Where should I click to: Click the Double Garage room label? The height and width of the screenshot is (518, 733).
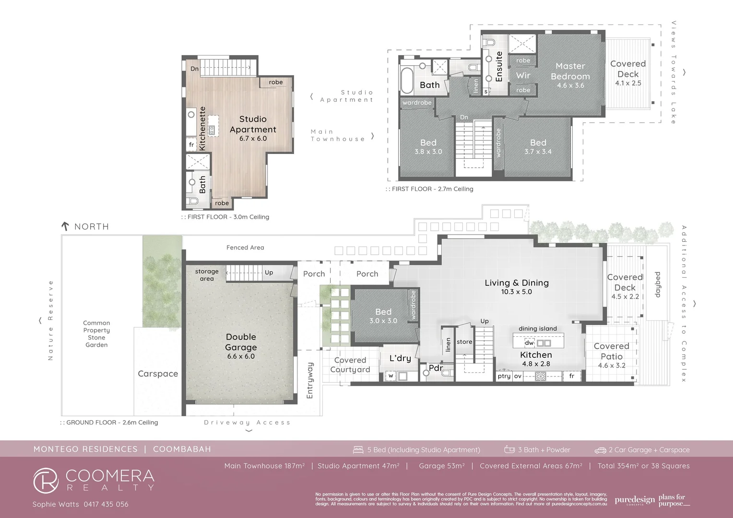[241, 342]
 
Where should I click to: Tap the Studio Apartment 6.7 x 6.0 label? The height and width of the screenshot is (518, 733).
[253, 128]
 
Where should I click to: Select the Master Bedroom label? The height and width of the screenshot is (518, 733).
[570, 71]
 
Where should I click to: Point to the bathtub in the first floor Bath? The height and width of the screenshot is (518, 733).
[407, 80]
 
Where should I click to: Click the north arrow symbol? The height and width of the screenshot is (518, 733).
[65, 226]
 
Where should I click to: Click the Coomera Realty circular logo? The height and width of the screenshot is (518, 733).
[46, 480]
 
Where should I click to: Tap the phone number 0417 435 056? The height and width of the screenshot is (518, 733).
[106, 504]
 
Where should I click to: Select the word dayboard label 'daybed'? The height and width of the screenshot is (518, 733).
[658, 284]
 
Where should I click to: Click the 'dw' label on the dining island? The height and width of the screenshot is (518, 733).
[529, 343]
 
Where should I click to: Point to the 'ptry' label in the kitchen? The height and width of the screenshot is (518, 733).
[504, 376]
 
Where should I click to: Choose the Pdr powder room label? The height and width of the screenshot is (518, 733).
[436, 368]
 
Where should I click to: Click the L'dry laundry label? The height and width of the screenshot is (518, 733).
[400, 358]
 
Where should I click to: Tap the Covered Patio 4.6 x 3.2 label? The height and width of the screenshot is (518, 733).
[611, 355]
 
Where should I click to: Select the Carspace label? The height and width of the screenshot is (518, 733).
[158, 374]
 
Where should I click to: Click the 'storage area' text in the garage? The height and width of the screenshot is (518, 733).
[207, 275]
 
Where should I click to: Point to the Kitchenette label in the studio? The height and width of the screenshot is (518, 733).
[202, 129]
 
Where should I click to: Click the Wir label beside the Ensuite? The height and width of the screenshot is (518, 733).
[523, 75]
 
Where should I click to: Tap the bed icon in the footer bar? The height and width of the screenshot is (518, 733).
[358, 450]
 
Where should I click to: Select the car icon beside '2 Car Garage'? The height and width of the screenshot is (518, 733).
[600, 450]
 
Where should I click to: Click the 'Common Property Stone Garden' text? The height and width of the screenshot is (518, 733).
[96, 334]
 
